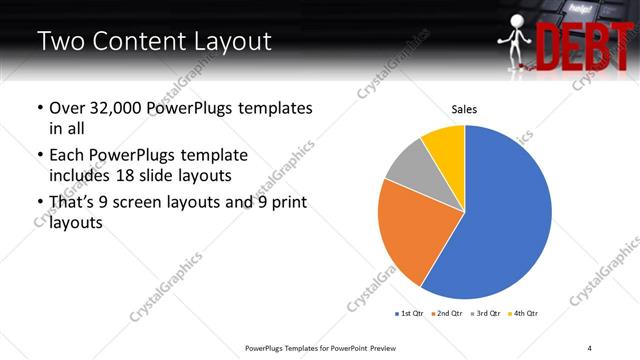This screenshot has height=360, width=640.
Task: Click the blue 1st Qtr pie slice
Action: pos(505,215)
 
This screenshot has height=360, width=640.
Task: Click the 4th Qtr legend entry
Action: pos(525,313)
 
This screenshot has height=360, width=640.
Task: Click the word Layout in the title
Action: pos(225,42)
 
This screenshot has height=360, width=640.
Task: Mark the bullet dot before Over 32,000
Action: pos(39,108)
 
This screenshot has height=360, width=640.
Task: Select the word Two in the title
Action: pos(58,42)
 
